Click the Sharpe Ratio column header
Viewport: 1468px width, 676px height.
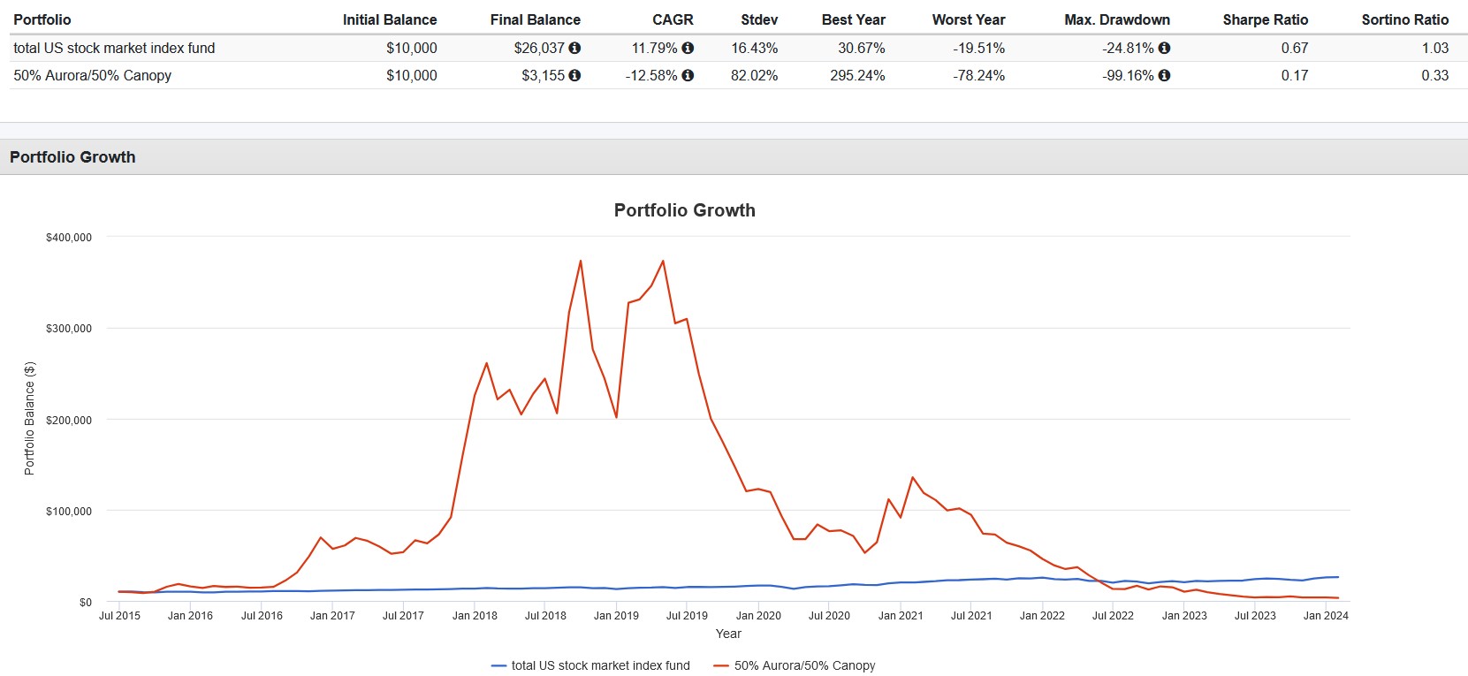coord(1265,19)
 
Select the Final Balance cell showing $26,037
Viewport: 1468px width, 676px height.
coord(538,48)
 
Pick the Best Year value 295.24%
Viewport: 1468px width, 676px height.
coord(856,75)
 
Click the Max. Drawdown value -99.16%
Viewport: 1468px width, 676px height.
coord(1127,75)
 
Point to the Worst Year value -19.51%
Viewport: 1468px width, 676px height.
coord(978,48)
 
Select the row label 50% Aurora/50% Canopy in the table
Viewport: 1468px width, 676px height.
coord(93,75)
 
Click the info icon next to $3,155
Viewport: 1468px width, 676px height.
coord(574,75)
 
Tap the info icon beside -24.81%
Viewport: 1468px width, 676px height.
coord(1164,48)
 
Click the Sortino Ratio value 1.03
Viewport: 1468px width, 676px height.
coord(1434,48)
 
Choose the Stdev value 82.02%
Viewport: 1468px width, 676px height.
coord(754,75)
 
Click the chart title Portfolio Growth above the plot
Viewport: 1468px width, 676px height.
coord(684,210)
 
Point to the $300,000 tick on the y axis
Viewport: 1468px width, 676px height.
coord(69,328)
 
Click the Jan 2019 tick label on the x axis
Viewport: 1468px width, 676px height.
coord(616,615)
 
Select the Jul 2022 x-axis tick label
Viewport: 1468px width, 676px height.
coord(1113,615)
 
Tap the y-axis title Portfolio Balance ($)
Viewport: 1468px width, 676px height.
coord(29,418)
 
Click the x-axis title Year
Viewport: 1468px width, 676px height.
coord(728,634)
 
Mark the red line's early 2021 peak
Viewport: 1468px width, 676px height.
coord(913,477)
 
